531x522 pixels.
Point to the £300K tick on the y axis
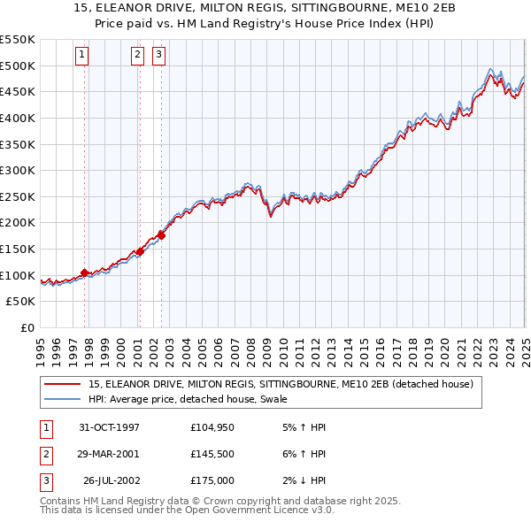19,170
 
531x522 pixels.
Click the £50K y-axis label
21,302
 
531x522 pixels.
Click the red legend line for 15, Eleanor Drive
62,384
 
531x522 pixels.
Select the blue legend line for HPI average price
62,399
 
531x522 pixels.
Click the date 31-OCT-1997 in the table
109,428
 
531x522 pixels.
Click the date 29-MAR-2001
109,454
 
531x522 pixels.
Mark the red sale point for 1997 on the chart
84,273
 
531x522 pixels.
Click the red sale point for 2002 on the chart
161,235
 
